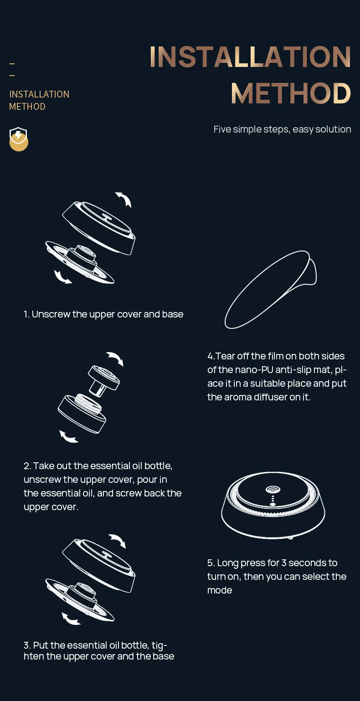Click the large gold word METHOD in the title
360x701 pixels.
[x=291, y=93]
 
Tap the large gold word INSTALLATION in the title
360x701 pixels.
[x=251, y=56]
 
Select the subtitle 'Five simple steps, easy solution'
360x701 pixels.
[x=282, y=129]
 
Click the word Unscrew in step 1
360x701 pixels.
[x=51, y=314]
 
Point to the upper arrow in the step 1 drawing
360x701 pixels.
[x=124, y=199]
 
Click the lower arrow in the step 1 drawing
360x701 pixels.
[x=62, y=277]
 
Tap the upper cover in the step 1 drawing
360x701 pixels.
[x=99, y=227]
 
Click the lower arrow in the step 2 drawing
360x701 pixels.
[x=67, y=437]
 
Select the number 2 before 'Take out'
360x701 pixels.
[x=27, y=466]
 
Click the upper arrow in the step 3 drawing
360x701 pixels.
[x=118, y=541]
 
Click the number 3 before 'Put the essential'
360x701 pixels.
[x=27, y=645]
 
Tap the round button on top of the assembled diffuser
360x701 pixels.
[x=273, y=490]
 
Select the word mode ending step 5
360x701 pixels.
[x=220, y=590]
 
